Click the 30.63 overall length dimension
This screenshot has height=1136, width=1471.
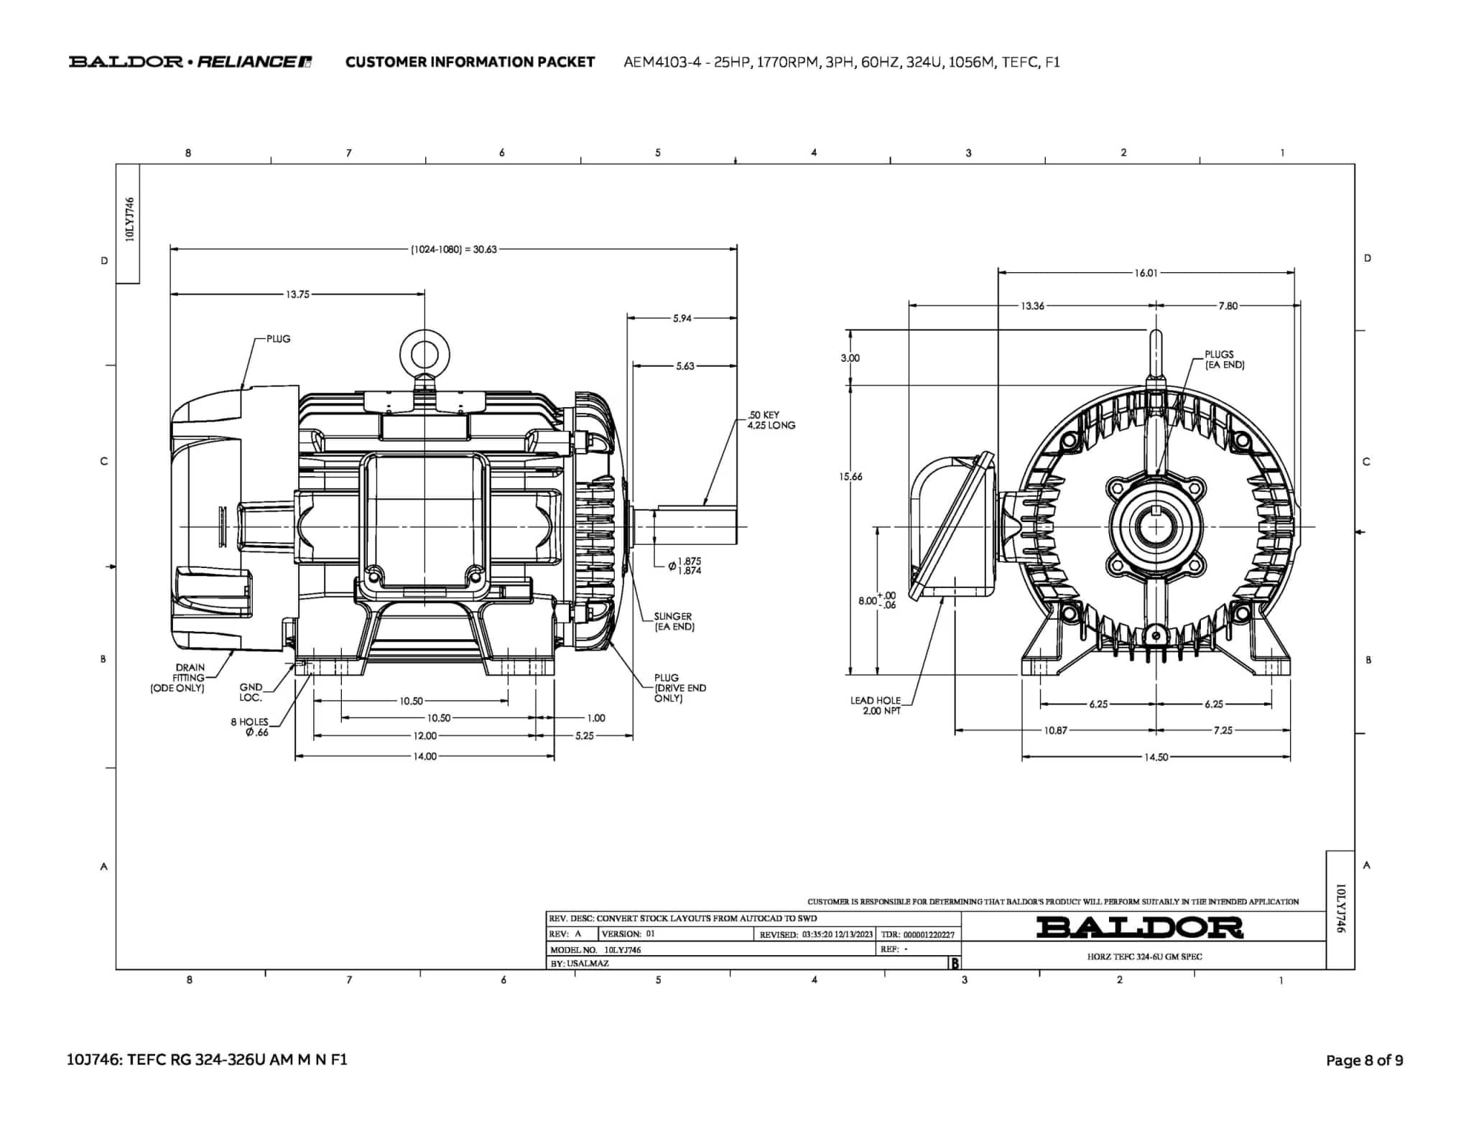(x=453, y=250)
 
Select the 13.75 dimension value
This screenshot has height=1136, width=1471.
(x=297, y=294)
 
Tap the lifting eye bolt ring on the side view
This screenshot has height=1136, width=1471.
(x=424, y=354)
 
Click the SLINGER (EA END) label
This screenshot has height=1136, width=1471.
(x=674, y=621)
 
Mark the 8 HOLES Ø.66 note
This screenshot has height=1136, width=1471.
(x=250, y=727)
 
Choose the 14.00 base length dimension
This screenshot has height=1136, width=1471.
(x=424, y=756)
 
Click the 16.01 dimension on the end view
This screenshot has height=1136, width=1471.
(x=1146, y=273)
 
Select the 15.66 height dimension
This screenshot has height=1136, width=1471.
(x=851, y=477)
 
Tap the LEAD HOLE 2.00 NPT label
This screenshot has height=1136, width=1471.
(x=876, y=705)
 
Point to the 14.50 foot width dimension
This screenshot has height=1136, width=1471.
(x=1156, y=757)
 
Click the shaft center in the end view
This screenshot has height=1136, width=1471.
(x=1156, y=528)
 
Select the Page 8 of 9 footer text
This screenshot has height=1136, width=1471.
(x=1364, y=1061)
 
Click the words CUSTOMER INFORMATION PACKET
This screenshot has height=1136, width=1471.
(x=470, y=62)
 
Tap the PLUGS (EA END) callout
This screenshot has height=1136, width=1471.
(x=1224, y=359)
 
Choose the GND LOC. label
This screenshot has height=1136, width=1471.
(x=251, y=692)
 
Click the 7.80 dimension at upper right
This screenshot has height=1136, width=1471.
(x=1228, y=306)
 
